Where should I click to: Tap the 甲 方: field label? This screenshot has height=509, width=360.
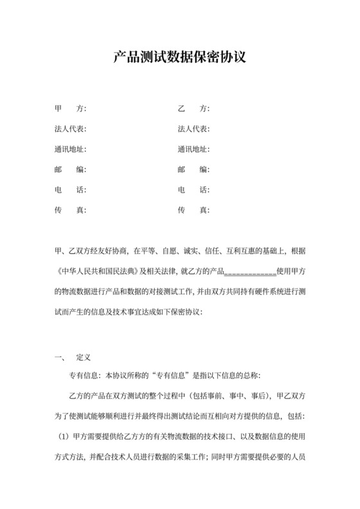pyautogui.click(x=71, y=108)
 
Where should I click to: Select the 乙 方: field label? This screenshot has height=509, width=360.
pyautogui.click(x=194, y=108)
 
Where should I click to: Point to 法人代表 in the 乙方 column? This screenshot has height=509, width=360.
pyautogui.click(x=194, y=129)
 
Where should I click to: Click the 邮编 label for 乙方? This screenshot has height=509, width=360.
pyautogui.click(x=194, y=170)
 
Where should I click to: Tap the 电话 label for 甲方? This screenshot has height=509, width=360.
pyautogui.click(x=71, y=190)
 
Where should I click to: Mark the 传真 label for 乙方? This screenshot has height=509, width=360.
pyautogui.click(x=194, y=210)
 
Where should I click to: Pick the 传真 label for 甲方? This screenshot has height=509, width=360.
pyautogui.click(x=71, y=210)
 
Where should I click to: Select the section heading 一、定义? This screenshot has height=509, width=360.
pyautogui.click(x=74, y=355)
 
